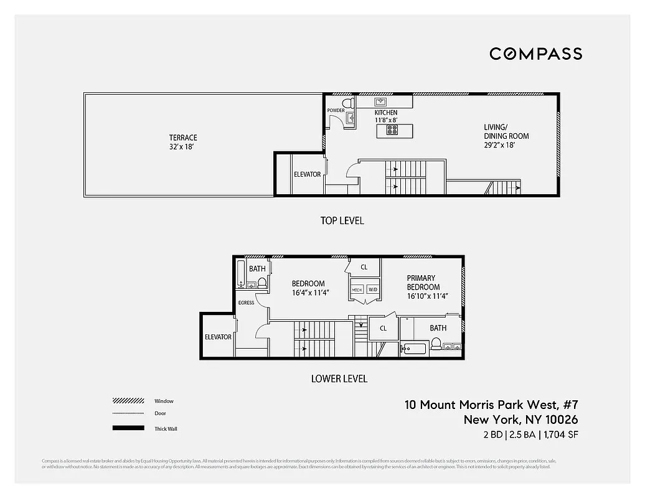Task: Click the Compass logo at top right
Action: (535, 54)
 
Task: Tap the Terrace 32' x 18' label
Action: (183, 143)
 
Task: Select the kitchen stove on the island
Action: (392, 130)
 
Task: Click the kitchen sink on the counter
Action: (380, 101)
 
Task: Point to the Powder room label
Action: (336, 111)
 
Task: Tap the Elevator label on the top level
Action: (308, 174)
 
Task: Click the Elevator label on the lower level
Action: (218, 337)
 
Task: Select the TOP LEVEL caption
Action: (342, 220)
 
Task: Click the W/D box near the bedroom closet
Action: (372, 289)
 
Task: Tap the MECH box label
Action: (357, 289)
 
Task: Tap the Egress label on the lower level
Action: (246, 303)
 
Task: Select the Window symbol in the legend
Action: (128, 401)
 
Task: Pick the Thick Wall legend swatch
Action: (128, 428)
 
